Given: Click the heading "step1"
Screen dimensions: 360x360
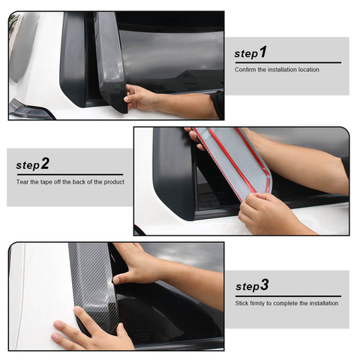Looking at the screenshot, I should (x=250, y=52).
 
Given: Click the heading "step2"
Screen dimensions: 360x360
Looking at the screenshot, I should (x=33, y=163).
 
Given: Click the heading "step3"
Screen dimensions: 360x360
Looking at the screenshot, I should (x=252, y=286).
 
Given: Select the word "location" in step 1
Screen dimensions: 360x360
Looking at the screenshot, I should (x=307, y=70).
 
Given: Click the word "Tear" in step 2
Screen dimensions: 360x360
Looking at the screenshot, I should (x=23, y=181).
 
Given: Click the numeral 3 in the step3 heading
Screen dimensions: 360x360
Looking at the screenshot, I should (x=264, y=285).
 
